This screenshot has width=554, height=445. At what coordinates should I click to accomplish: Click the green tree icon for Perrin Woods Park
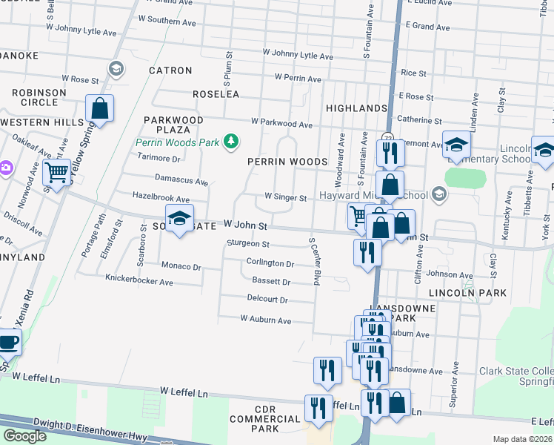tap(232, 141)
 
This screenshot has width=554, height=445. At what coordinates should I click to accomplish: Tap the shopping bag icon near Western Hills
tap(99, 108)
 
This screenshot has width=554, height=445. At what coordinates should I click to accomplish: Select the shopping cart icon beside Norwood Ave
tap(56, 172)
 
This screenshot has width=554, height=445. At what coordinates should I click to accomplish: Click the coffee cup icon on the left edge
tap(9, 342)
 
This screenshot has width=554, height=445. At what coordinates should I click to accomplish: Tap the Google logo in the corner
tap(24, 436)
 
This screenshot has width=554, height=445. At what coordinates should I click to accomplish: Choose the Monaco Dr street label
tap(181, 266)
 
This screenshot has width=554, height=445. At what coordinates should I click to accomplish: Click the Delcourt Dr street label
tap(267, 300)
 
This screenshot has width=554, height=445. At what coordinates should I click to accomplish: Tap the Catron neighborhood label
tap(170, 70)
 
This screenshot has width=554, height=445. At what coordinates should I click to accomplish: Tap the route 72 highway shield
tap(387, 136)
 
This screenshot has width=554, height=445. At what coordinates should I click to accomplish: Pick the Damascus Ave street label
tap(181, 179)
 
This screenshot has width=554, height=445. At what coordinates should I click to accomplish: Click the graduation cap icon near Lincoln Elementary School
tap(457, 144)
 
